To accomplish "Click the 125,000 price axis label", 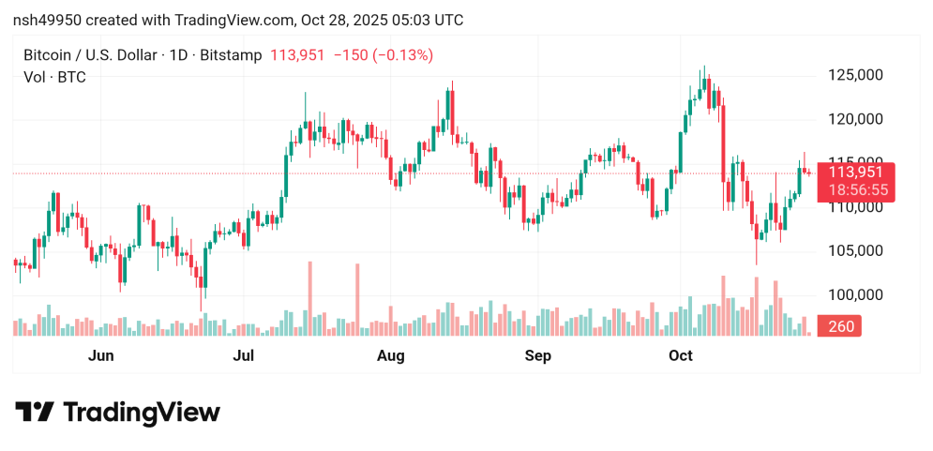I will (x=857, y=75).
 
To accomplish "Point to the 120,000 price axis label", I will (x=857, y=119).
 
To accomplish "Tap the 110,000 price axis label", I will (x=857, y=207).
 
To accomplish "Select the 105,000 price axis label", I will (x=857, y=251).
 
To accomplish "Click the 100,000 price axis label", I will (x=857, y=295).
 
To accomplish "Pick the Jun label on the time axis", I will (x=100, y=356).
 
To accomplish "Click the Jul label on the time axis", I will (x=244, y=356).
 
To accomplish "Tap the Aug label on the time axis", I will (x=390, y=356).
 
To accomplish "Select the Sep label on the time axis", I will (x=537, y=356).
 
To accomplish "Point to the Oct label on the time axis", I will (x=680, y=356).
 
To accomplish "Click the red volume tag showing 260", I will (x=842, y=326).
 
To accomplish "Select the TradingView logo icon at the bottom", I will (x=35, y=413).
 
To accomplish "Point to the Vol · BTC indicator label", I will (x=54, y=77).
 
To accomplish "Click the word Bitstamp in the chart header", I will (x=233, y=55).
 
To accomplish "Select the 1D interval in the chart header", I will (x=175, y=55).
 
